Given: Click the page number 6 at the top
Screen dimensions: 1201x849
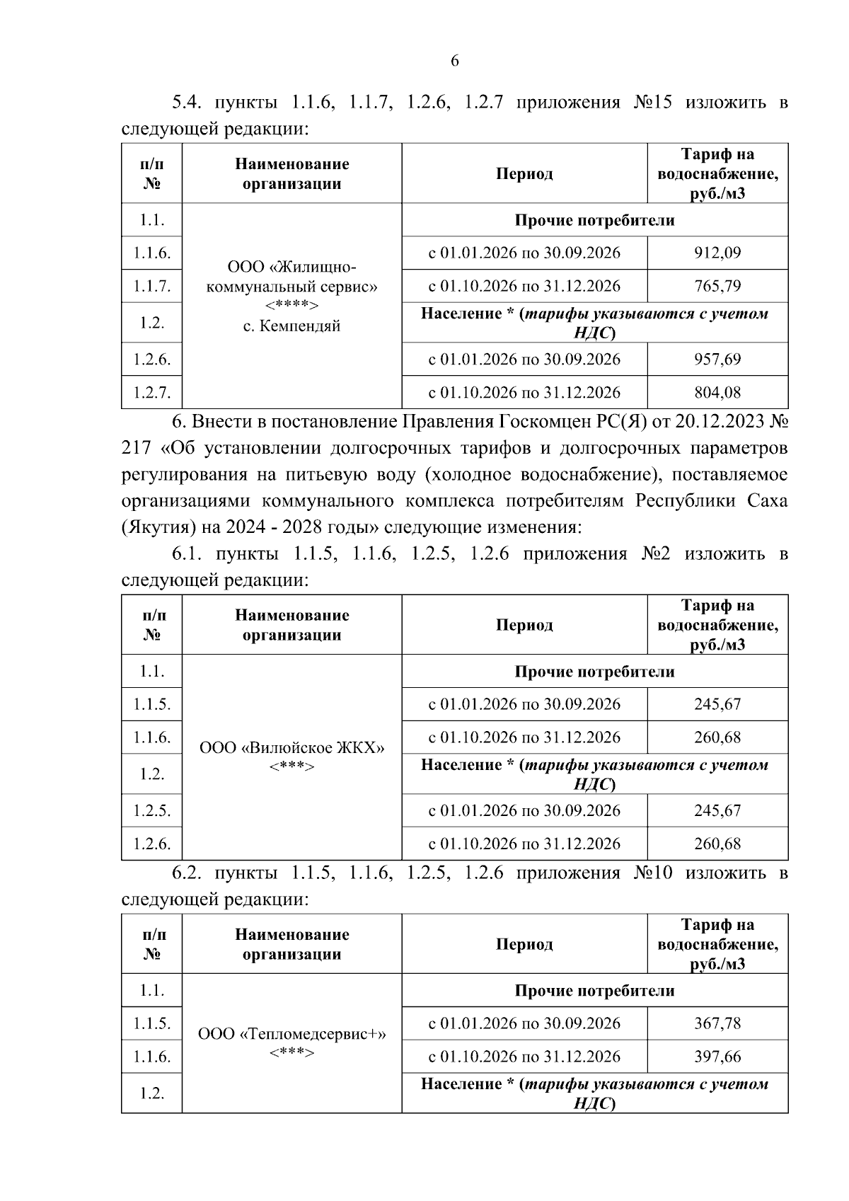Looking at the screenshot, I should pyautogui.click(x=454, y=61).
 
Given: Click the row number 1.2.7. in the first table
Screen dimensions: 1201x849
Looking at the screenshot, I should pyautogui.click(x=151, y=393).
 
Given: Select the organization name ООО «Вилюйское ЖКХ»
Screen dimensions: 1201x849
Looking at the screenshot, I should pyautogui.click(x=291, y=748).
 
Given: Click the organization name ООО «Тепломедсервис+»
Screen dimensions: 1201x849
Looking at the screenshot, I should pyautogui.click(x=291, y=1034).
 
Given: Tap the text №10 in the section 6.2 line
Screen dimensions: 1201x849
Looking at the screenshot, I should pyautogui.click(x=652, y=873).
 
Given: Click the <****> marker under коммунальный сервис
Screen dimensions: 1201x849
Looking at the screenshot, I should pyautogui.click(x=291, y=306).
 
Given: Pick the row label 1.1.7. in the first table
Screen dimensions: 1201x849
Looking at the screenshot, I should pyautogui.click(x=151, y=287).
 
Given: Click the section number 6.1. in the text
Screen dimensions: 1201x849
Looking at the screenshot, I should pyautogui.click(x=187, y=553).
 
